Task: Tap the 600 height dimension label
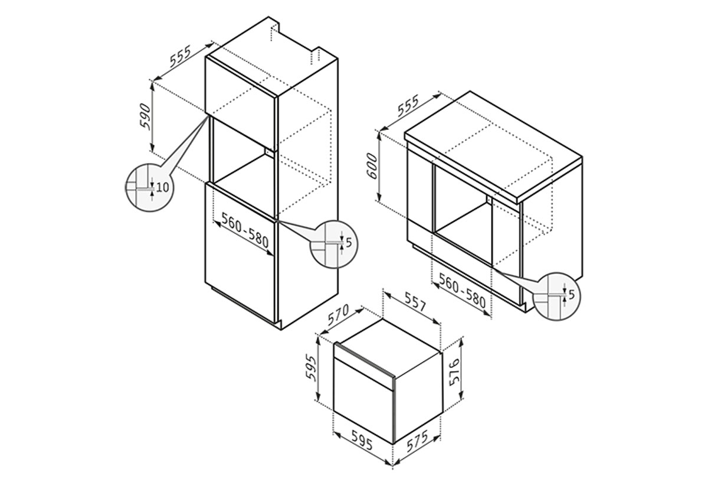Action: point(373,166)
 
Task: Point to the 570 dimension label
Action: point(338,314)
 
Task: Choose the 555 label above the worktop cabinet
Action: point(408,105)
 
